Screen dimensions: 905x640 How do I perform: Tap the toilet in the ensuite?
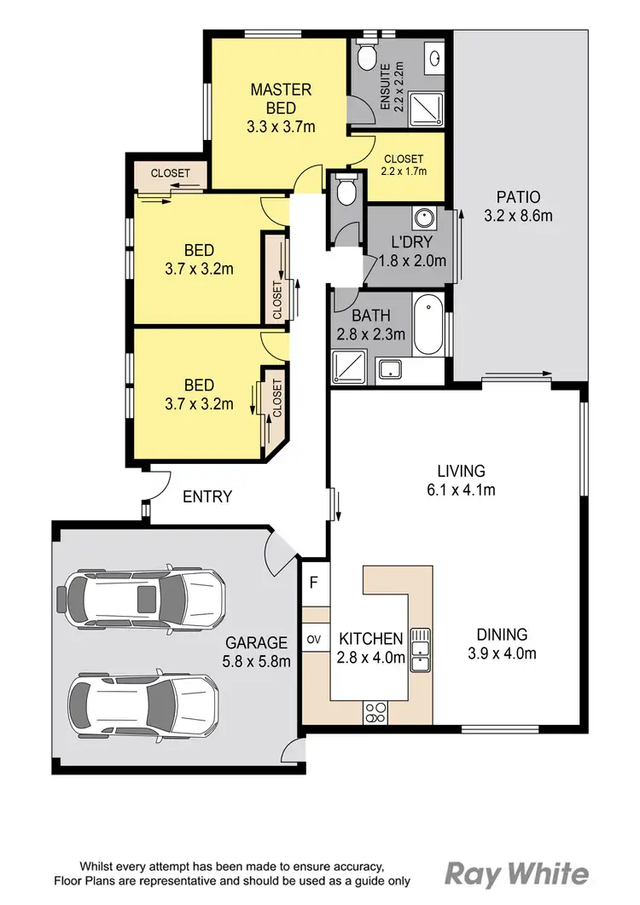[366, 56]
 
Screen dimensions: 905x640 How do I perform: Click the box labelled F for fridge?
[314, 584]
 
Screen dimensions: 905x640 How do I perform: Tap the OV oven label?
[313, 639]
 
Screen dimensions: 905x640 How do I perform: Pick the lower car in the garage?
[143, 703]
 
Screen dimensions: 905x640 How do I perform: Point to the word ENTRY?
[207, 496]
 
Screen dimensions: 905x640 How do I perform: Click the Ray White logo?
[517, 874]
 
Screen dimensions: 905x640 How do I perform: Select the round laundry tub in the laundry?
[422, 215]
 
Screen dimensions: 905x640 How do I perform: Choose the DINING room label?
[502, 635]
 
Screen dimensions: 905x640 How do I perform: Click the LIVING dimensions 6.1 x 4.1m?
[461, 490]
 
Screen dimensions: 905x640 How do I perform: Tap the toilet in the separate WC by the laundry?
[346, 191]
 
